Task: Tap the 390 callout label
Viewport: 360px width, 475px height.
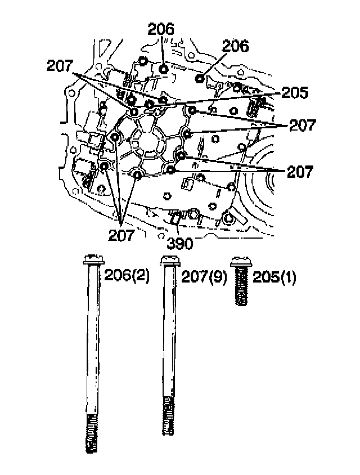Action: (x=180, y=243)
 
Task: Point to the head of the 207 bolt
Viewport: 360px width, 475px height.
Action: (x=170, y=261)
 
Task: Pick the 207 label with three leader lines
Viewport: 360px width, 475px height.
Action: (x=121, y=235)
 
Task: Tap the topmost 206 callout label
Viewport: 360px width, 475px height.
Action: (x=162, y=29)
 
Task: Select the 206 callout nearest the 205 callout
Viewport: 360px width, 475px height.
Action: (x=236, y=47)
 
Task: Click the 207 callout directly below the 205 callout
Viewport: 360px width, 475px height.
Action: (x=303, y=125)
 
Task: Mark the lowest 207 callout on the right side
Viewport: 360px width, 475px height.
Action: (x=300, y=172)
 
